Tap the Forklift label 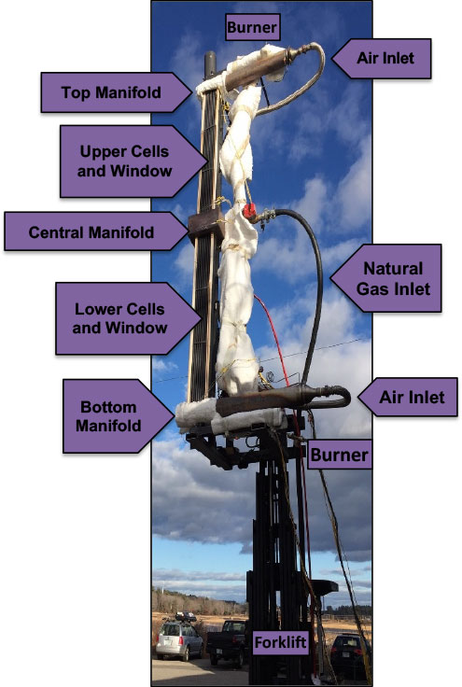280,642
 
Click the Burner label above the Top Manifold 252,27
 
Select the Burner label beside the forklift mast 340,455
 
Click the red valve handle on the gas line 249,210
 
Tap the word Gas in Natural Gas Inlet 371,288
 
